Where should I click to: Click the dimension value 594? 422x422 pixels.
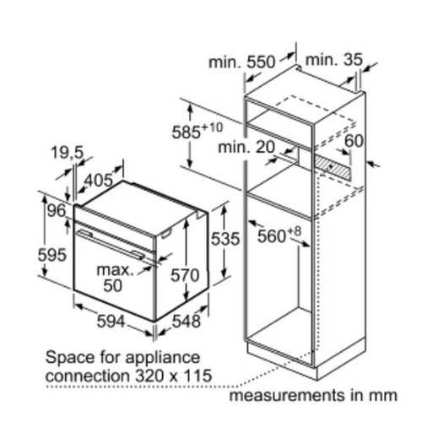(x=111, y=321)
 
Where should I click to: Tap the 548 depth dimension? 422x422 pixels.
(x=187, y=321)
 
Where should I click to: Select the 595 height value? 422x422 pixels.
(x=52, y=255)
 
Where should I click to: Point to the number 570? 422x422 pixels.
(x=185, y=275)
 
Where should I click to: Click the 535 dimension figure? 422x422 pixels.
(x=225, y=239)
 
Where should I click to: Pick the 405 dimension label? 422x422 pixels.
(x=99, y=181)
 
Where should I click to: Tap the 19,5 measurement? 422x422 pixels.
(x=68, y=153)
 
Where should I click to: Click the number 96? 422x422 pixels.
(x=57, y=210)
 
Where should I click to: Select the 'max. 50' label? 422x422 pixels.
(x=115, y=278)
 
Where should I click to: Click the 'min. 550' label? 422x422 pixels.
(x=241, y=62)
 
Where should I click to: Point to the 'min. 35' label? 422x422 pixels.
(x=334, y=60)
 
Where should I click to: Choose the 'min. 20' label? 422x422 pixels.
(x=246, y=147)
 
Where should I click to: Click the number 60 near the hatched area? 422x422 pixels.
(x=354, y=141)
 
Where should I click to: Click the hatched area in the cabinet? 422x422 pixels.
(x=333, y=168)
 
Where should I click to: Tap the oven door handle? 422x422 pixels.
(x=111, y=244)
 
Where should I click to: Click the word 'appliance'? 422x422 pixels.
(x=162, y=358)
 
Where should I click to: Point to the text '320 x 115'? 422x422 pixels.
(x=173, y=376)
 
